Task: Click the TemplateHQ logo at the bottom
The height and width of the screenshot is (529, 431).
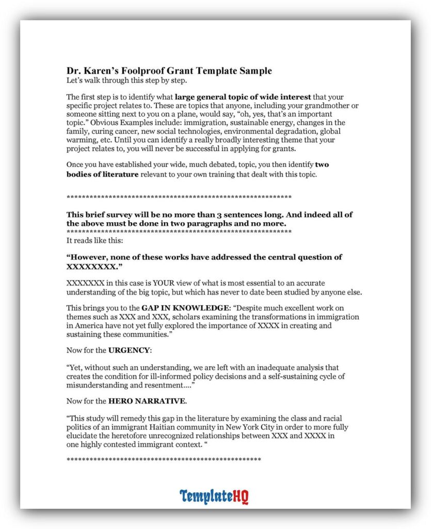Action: click(214, 496)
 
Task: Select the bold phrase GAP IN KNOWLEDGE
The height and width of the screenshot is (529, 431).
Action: click(167, 308)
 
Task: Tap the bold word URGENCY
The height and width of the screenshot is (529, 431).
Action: click(129, 350)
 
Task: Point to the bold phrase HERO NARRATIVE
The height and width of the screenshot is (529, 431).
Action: click(147, 400)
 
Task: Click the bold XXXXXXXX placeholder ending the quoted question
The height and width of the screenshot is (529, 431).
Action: click(94, 267)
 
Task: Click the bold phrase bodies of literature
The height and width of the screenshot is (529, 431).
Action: click(102, 174)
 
